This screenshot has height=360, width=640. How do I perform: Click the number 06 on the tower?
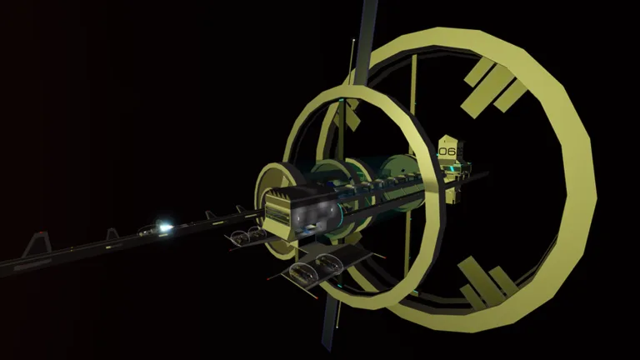(x=447, y=152)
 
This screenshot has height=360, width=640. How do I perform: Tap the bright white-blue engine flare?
(x=163, y=227)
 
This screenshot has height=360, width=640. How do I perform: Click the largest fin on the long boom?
(x=37, y=244)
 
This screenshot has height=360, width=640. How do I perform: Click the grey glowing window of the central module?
(x=317, y=215)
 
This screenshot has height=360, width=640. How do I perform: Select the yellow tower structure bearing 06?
(x=453, y=168)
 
